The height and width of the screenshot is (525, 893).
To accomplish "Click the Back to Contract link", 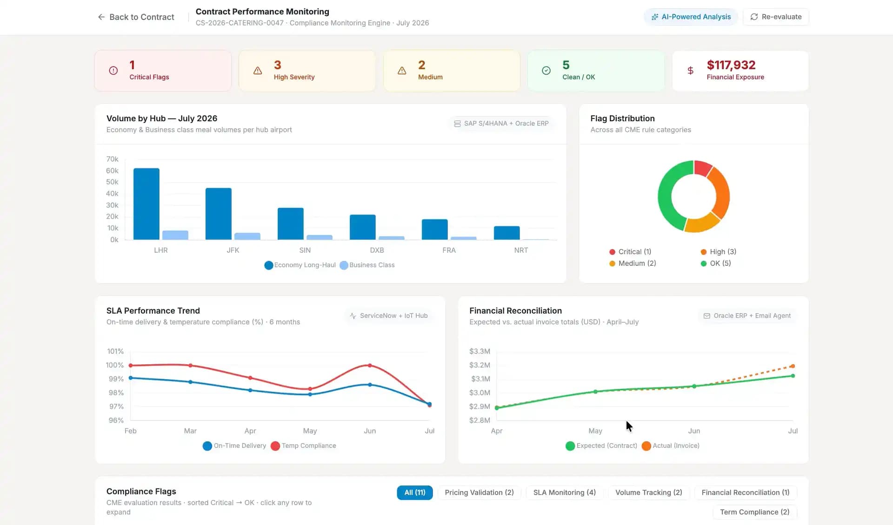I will coord(136,17).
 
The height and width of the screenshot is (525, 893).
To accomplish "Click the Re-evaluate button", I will coord(776,17).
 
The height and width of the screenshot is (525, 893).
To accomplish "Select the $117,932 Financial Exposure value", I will coord(731,65).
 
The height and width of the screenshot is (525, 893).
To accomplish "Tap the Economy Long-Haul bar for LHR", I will coord(147,204).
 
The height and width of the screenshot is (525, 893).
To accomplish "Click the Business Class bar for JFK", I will coord(247,236).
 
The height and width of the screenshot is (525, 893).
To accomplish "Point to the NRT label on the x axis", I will coord(521,250).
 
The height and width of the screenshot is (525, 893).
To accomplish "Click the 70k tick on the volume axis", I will coord(112,159).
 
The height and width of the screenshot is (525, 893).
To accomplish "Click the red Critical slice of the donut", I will coord(702,168).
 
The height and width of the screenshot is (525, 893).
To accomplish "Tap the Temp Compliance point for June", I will coord(370,366).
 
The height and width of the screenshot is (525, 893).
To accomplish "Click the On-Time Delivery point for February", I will coord(131,378).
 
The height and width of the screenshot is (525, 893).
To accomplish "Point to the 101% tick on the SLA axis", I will coord(115,352).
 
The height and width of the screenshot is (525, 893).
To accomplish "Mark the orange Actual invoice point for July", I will coord(793,366).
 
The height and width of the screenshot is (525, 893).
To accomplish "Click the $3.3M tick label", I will coord(480,352).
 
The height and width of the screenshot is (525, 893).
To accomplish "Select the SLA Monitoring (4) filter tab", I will coord(564,492).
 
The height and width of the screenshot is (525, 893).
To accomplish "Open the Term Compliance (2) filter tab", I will coord(754,512).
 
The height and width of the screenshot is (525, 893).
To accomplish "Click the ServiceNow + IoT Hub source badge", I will coord(388,316).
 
